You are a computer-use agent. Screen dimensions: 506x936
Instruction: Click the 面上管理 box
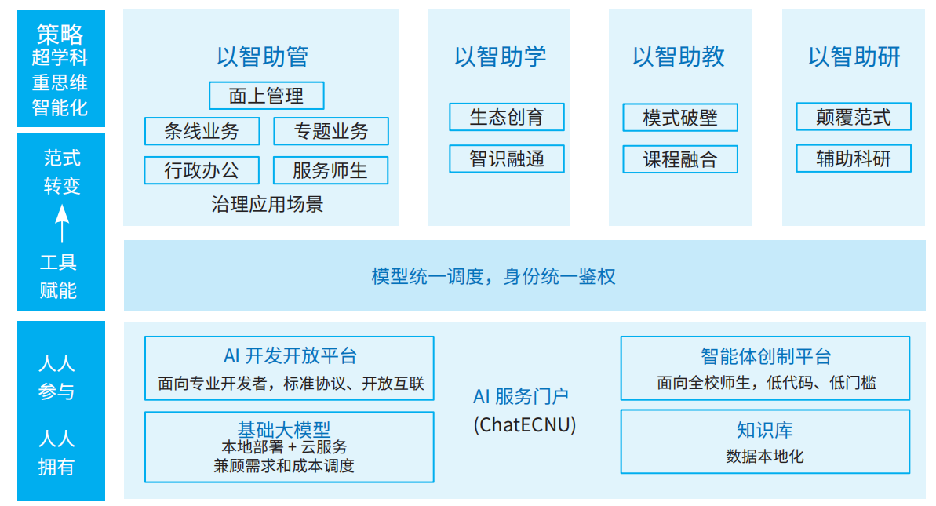[266, 96]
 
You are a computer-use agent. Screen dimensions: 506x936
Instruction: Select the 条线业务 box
[202, 131]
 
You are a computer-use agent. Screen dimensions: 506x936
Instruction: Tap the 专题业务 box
[330, 131]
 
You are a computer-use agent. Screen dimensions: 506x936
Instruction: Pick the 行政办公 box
[202, 169]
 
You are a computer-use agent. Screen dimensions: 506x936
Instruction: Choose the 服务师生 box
[330, 169]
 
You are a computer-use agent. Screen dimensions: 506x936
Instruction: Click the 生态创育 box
[506, 117]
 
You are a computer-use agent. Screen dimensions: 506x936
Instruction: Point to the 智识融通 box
[506, 158]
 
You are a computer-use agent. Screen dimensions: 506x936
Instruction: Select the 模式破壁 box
[680, 118]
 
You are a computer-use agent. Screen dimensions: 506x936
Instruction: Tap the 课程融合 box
[680, 159]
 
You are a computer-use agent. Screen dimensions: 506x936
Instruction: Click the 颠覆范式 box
[854, 117]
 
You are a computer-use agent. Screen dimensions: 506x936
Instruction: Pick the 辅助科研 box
[854, 158]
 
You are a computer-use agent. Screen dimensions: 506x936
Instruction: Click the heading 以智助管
[262, 56]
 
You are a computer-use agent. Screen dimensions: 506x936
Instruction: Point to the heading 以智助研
[854, 56]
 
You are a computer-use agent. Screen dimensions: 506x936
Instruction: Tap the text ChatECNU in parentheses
[524, 425]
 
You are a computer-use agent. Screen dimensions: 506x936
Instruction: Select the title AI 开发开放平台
[290, 355]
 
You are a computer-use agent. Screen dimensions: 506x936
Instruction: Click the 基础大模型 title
[284, 429]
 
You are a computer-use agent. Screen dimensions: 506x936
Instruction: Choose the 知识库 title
[764, 430]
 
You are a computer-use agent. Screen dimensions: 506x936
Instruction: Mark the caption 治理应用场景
[267, 205]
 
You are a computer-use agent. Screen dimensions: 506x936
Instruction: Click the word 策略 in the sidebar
[60, 33]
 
